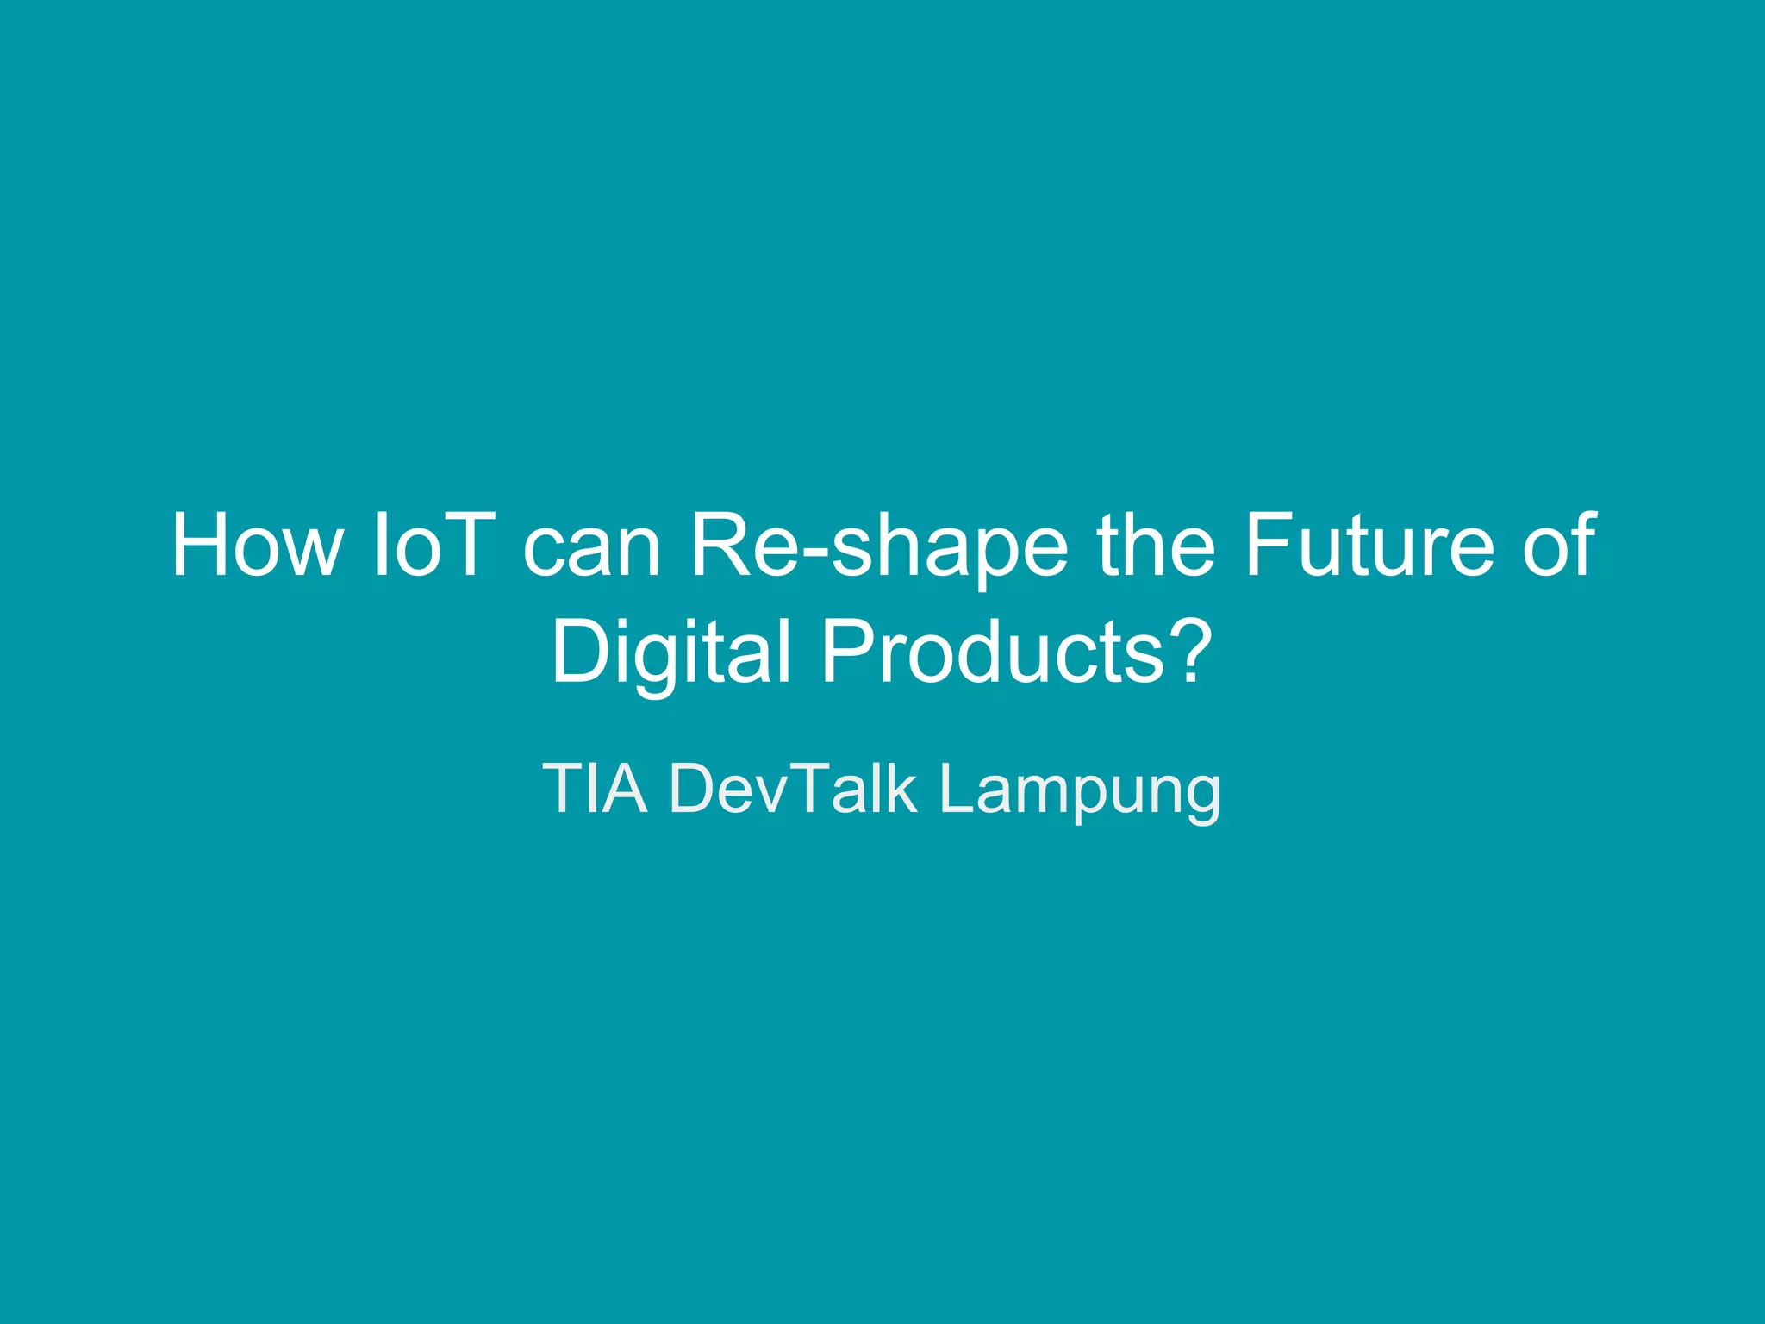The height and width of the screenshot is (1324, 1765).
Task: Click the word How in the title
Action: pyautogui.click(x=256, y=546)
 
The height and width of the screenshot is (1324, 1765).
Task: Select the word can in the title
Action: pyautogui.click(x=591, y=552)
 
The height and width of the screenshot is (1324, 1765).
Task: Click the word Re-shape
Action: pyautogui.click(x=878, y=552)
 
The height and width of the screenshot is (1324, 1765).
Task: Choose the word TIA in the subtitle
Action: pyautogui.click(x=595, y=788)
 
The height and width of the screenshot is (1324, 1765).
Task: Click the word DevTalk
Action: pyautogui.click(x=793, y=788)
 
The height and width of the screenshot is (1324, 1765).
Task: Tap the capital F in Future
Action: pyautogui.click(x=1269, y=546)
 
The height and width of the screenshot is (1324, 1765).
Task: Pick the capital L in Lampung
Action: pyautogui.click(x=956, y=788)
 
